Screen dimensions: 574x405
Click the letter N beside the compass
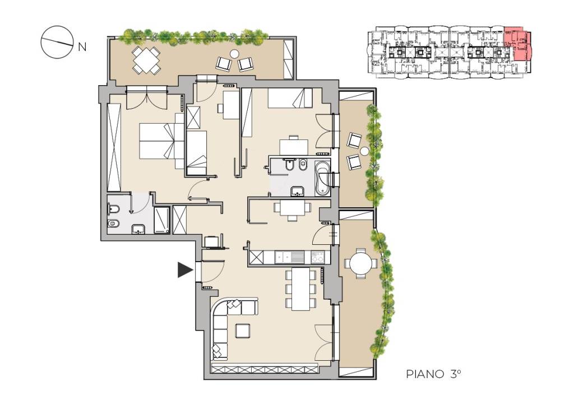(82, 47)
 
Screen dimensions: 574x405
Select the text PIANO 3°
(433, 374)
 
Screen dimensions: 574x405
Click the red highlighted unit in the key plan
(517, 44)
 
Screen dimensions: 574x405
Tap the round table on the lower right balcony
(360, 263)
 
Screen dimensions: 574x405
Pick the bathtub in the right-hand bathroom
(322, 178)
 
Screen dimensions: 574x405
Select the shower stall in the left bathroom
(161, 220)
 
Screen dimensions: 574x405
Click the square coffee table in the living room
(243, 330)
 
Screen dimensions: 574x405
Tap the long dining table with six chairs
(300, 289)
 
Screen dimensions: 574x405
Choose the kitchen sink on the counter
(290, 257)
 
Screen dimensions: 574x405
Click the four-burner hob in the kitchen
(317, 257)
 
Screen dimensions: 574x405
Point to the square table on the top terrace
(146, 59)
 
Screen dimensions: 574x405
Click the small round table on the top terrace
(234, 54)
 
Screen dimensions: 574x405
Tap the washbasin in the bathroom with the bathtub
(298, 192)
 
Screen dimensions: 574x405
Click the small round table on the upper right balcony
(364, 151)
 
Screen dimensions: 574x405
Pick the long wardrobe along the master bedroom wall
(114, 147)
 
